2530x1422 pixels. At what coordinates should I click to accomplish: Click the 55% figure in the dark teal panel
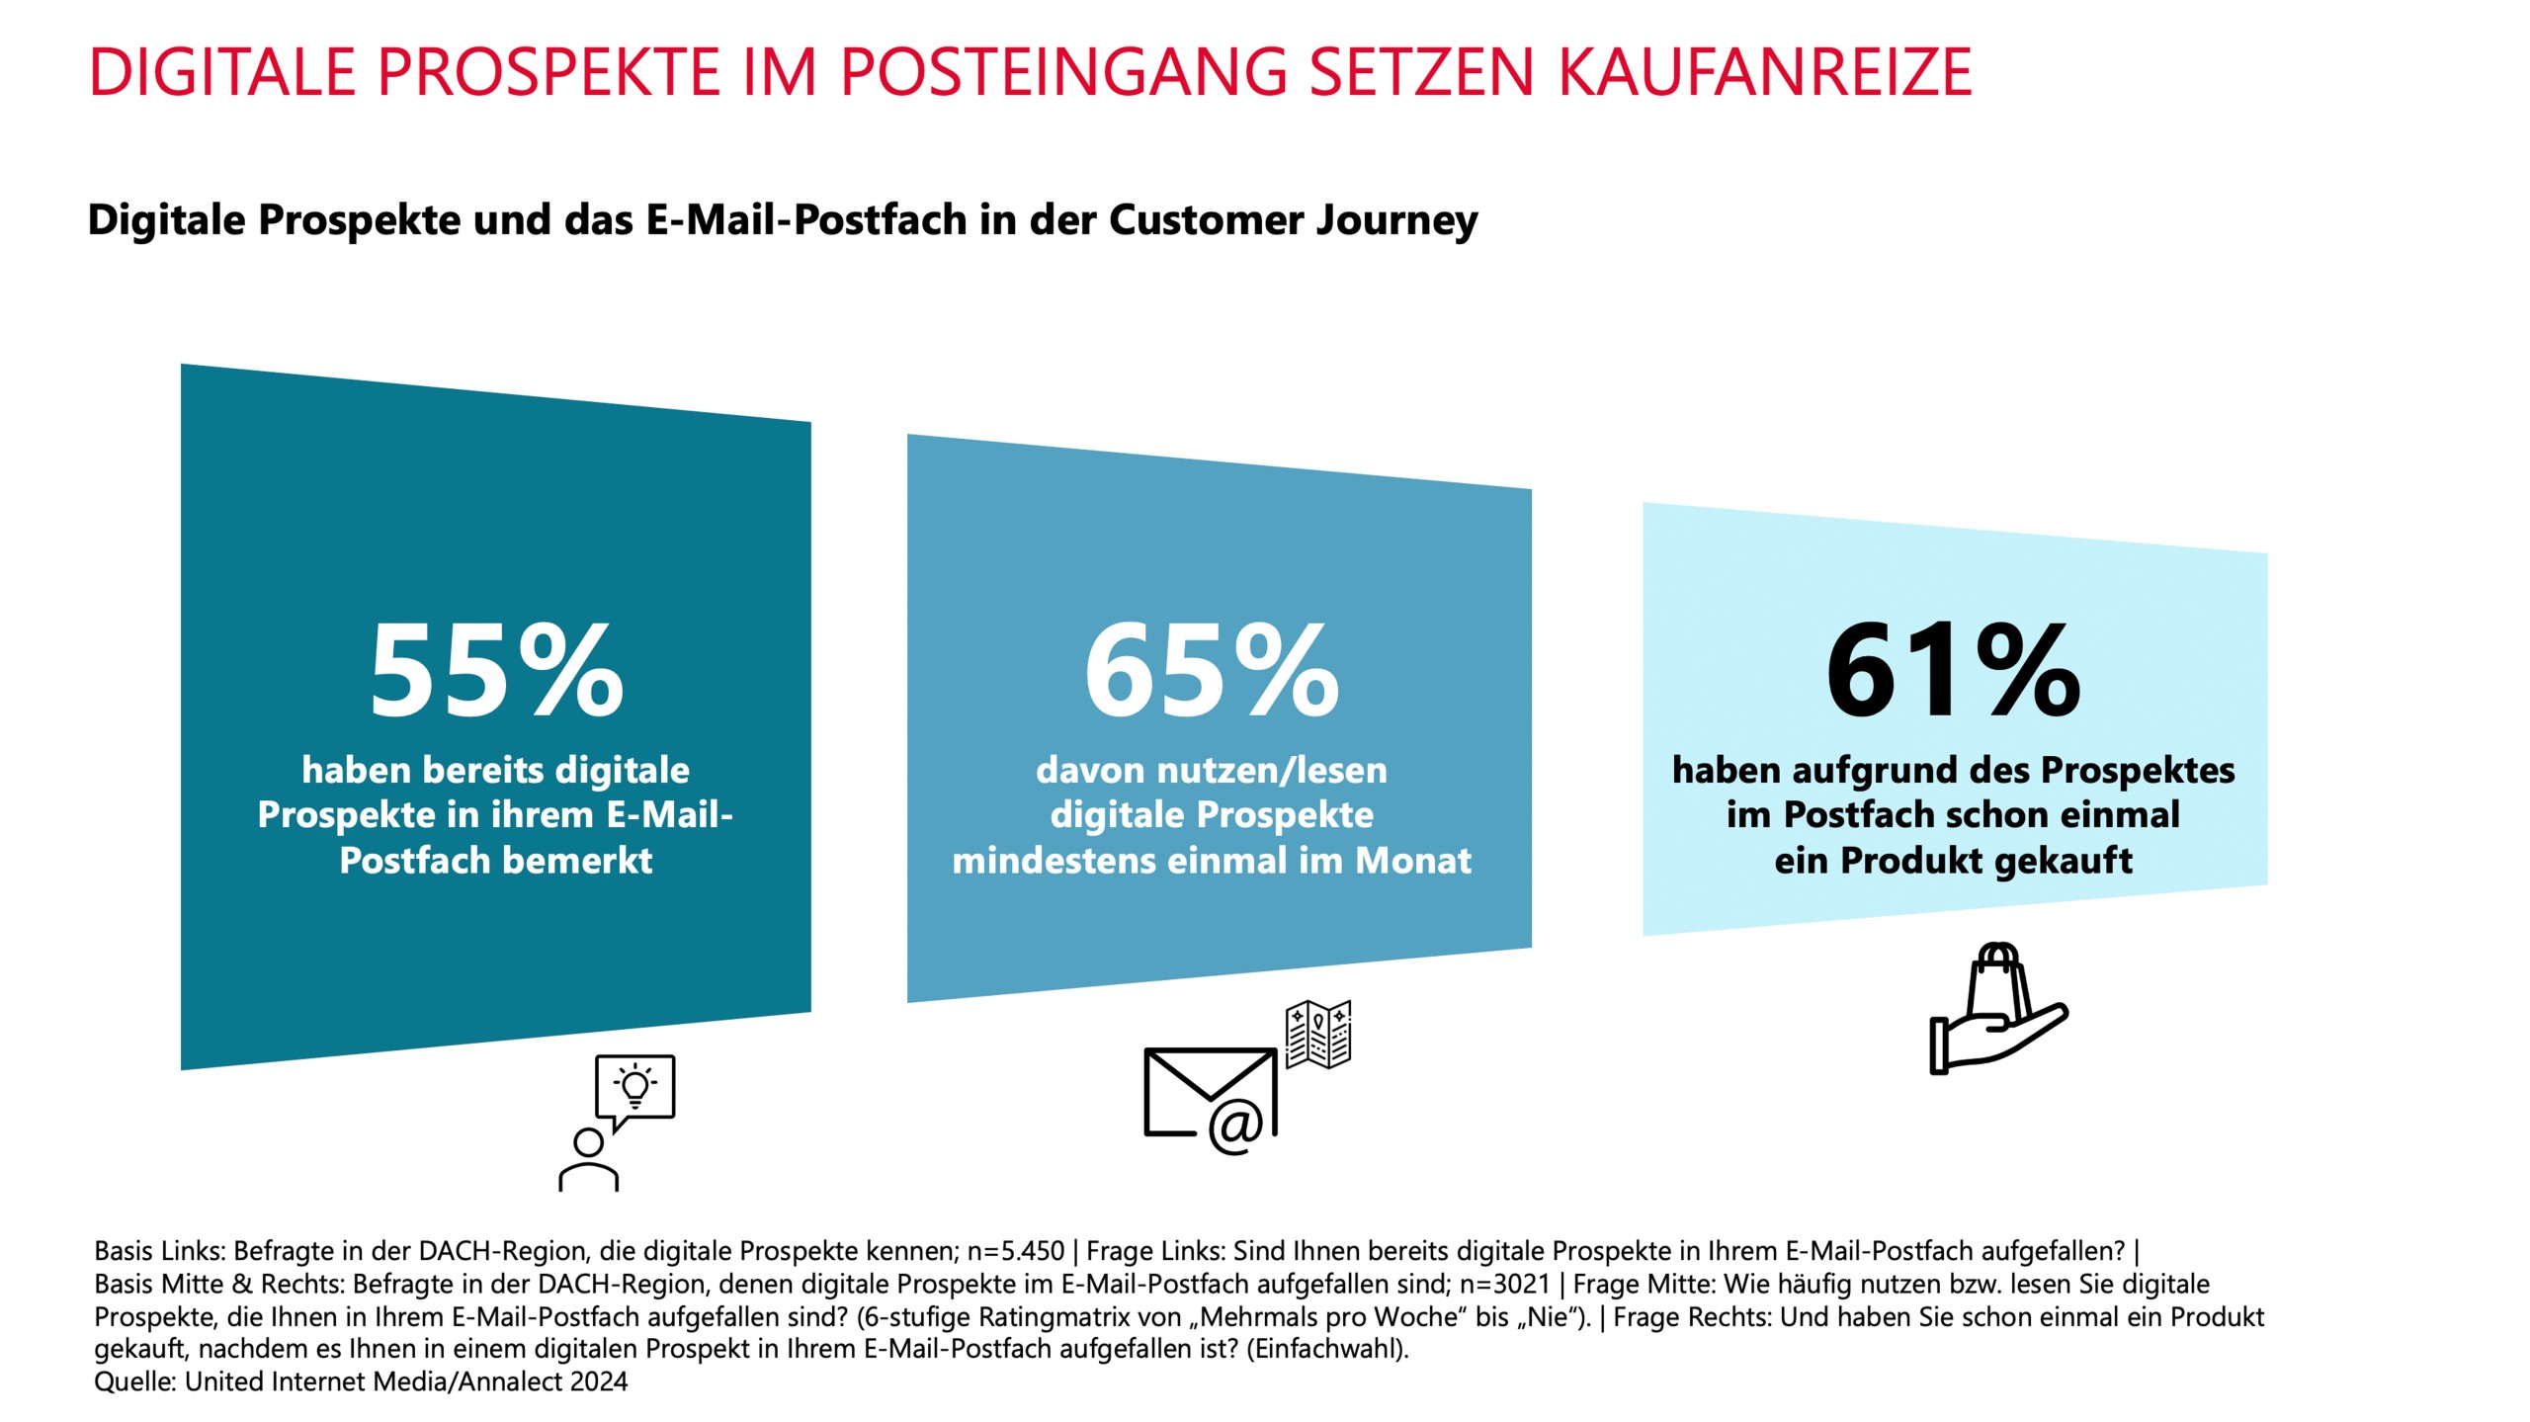(496, 672)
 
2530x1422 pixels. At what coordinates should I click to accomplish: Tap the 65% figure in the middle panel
(1212, 672)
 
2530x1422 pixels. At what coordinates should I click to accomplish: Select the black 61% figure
(1953, 672)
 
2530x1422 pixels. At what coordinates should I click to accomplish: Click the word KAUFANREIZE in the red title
(1765, 71)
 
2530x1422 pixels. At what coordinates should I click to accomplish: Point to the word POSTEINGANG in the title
(1063, 71)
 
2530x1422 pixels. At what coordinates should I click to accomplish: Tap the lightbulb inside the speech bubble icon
(635, 1086)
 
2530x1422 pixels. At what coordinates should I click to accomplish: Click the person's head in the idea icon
(588, 1143)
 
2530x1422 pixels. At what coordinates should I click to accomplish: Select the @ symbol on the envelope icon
(1235, 1127)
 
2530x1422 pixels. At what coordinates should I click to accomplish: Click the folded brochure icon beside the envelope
(1318, 1034)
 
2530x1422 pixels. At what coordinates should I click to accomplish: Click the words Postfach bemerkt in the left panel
(496, 860)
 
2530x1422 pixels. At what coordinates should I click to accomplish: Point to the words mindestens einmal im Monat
(1212, 860)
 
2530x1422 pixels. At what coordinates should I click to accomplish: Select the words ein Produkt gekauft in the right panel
(1953, 860)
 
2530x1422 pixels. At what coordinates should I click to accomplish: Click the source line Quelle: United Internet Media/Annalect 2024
(361, 1381)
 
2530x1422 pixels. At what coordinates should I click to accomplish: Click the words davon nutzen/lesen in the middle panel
(1212, 770)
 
